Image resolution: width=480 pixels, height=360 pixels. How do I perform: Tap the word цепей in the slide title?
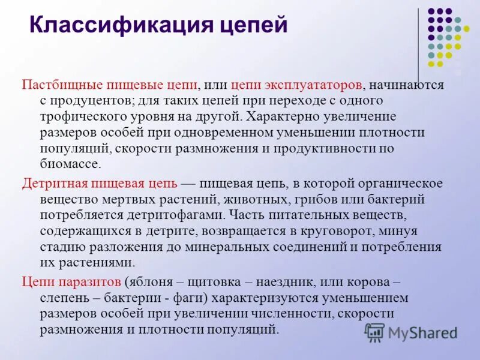tap(253, 26)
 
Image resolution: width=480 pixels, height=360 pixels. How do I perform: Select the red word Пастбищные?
tap(63, 85)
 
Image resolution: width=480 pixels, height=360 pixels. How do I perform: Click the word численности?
tap(288, 313)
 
